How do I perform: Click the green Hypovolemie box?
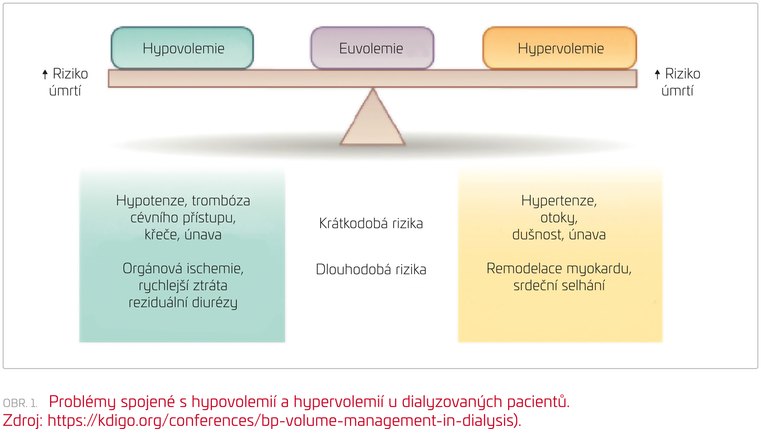pyautogui.click(x=182, y=48)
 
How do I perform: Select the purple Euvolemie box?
pyautogui.click(x=372, y=48)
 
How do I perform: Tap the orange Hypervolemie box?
pyautogui.click(x=560, y=48)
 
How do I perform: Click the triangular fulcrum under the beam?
pyautogui.click(x=373, y=121)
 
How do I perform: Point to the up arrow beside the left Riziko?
pyautogui.click(x=45, y=74)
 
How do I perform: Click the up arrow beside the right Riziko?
pyautogui.click(x=658, y=74)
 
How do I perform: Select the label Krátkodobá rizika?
pyautogui.click(x=371, y=224)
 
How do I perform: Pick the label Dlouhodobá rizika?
pyautogui.click(x=371, y=270)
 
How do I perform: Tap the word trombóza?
pyautogui.click(x=221, y=201)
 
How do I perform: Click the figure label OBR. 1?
pyautogui.click(x=20, y=403)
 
